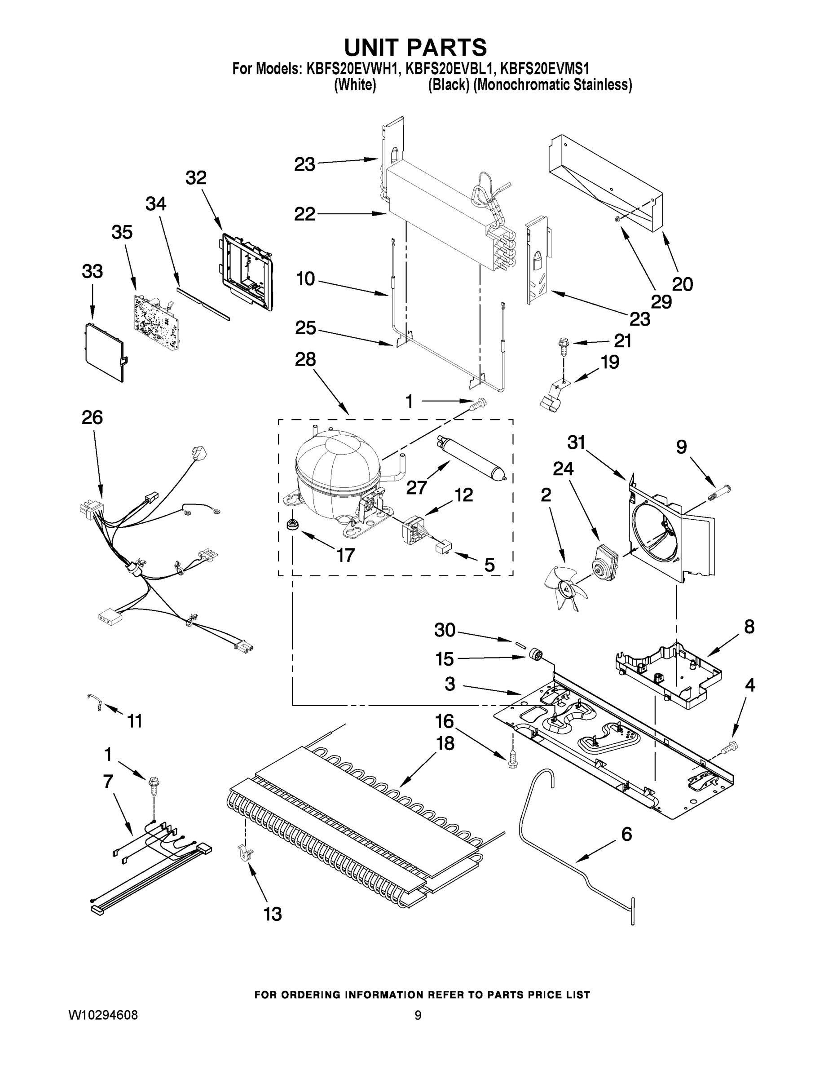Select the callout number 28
(x=305, y=359)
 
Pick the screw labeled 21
(x=563, y=344)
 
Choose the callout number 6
(x=626, y=834)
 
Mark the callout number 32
(x=196, y=178)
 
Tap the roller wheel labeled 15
(x=535, y=655)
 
